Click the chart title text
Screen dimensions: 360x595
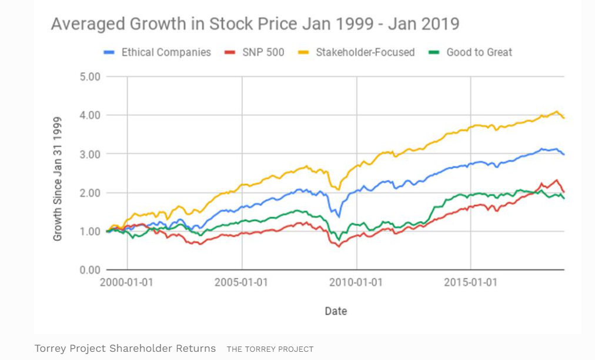(255, 24)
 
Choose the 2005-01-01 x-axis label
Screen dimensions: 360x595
(241, 282)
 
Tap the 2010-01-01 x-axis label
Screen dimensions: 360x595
(356, 282)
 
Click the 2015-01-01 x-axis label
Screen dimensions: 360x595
(470, 282)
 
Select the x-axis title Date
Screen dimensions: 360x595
(336, 311)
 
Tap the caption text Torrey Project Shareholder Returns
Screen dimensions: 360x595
(125, 348)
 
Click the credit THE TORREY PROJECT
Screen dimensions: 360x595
(270, 349)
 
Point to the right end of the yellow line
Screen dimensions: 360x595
(564, 118)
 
